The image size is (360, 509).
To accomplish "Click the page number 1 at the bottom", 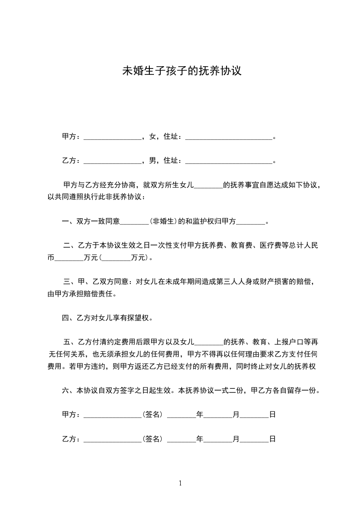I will click(180, 483).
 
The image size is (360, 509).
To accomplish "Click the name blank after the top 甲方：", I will click(113, 137).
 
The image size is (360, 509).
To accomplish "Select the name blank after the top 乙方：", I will click(113, 161).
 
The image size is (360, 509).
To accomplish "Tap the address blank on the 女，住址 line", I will click(229, 137).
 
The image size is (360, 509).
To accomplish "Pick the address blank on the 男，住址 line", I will click(229, 161).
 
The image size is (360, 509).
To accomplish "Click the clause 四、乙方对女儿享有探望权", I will click(107, 318).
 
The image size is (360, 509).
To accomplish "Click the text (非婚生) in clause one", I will click(163, 222).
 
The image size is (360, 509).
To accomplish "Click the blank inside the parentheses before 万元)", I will click(116, 258).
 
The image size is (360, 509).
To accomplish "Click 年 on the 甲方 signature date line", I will click(200, 414).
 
